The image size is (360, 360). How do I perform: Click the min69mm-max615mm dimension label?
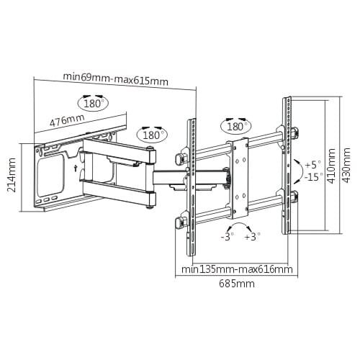click(115, 79)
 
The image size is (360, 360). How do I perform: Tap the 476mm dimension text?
click(67, 120)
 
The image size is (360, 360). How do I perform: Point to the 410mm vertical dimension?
click(331, 166)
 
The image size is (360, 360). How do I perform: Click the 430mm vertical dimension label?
click(346, 166)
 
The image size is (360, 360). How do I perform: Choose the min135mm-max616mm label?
click(237, 269)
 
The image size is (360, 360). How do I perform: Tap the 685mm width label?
click(237, 284)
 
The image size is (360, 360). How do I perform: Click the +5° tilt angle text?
click(313, 165)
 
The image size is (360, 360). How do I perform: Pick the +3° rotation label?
click(253, 237)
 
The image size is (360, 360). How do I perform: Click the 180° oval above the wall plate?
click(93, 103)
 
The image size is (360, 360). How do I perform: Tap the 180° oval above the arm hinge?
click(152, 135)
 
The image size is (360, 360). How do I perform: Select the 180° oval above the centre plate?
click(237, 126)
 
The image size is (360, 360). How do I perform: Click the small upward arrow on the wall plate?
click(76, 168)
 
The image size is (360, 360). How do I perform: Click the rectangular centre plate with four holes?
click(240, 179)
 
